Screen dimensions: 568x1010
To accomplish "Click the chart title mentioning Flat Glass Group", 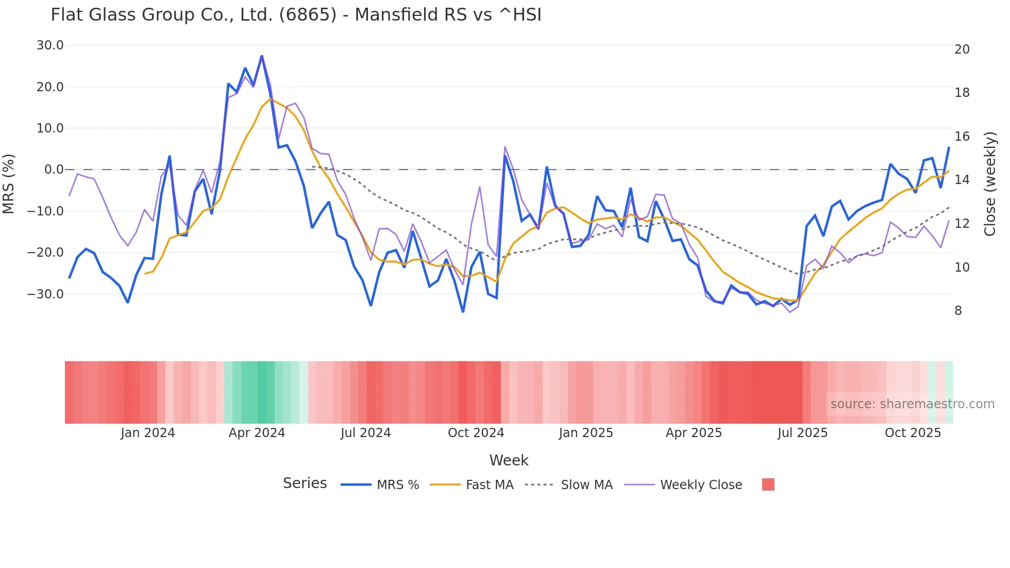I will point(296,15).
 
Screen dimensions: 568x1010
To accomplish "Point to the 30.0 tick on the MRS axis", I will point(50,45).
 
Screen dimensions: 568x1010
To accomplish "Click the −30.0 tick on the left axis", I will point(45,294).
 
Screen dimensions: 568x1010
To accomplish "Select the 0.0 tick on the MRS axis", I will point(54,170).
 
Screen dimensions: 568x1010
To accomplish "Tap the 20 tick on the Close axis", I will point(962,49).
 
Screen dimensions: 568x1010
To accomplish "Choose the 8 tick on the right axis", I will point(958,311).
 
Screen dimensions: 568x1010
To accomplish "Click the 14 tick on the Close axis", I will point(962,180).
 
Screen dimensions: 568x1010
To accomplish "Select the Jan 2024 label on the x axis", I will point(148,433).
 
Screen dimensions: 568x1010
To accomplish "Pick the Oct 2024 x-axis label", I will point(476,433).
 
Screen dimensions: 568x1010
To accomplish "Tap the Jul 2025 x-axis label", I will point(802,433).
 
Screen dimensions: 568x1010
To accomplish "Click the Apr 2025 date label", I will point(694,433).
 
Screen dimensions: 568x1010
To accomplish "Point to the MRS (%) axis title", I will point(9,183).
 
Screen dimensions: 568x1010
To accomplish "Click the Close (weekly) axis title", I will point(990,184).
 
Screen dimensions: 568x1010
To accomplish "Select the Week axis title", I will point(509,460).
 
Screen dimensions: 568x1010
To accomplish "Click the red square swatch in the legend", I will point(768,485).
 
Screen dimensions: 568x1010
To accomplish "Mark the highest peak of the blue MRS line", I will point(262,56).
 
